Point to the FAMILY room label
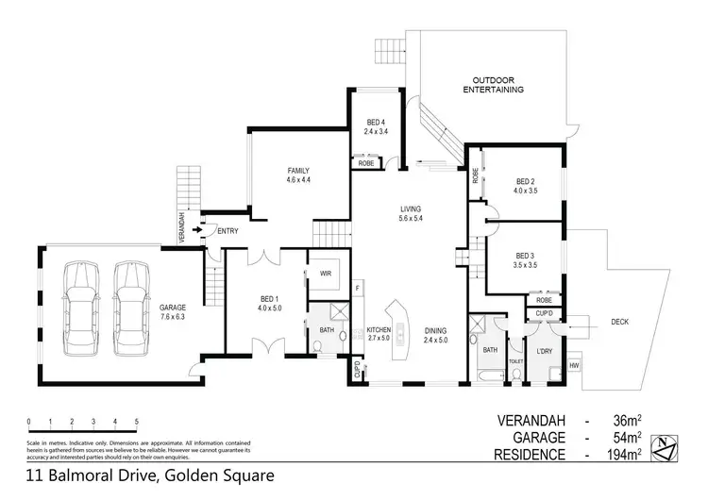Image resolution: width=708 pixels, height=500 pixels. pos(299,171)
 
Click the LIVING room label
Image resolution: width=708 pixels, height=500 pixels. pos(410,208)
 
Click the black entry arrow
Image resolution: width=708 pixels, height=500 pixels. pos(196,228)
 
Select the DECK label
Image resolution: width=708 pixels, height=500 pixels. pos(619,322)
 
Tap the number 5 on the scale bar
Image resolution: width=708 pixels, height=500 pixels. pos(137,421)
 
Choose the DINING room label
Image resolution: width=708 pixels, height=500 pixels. pos(435,330)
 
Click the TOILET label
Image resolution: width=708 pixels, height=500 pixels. pos(515,360)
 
